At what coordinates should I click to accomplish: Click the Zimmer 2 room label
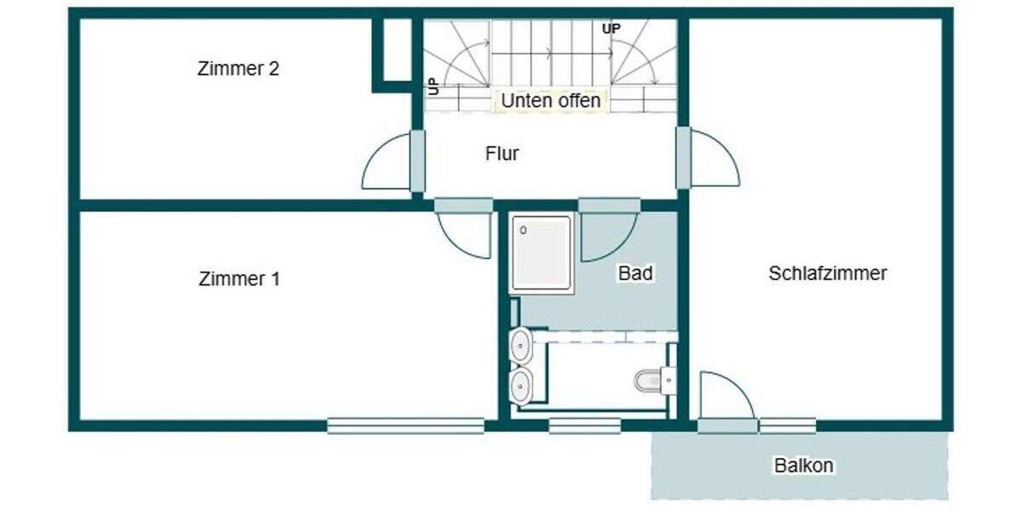click(238, 70)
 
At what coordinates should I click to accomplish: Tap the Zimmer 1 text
click(238, 279)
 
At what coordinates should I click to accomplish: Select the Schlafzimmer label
click(827, 273)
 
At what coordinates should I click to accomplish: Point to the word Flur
click(502, 154)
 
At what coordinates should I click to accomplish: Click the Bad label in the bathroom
click(635, 273)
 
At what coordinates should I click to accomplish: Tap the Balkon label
click(803, 466)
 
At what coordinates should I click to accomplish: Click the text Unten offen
click(550, 100)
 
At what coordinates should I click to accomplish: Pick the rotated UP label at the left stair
click(433, 85)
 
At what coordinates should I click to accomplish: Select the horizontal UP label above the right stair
click(611, 29)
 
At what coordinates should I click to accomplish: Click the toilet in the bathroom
click(654, 380)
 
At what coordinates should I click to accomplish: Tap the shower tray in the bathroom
click(541, 253)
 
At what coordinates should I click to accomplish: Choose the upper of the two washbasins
click(520, 346)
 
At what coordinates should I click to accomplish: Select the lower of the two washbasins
click(520, 384)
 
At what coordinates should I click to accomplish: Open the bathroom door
click(606, 235)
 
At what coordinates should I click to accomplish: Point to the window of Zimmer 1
click(405, 425)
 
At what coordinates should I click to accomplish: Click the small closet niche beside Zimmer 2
click(393, 49)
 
